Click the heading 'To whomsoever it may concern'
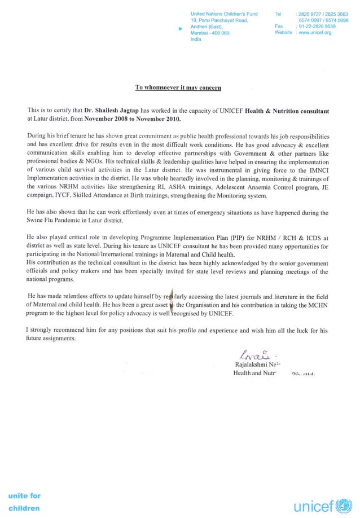pos(178,87)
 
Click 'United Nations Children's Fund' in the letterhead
pos(224,13)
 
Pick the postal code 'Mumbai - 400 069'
pos(210,33)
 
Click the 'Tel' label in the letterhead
pos(278,13)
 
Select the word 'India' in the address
pos(196,39)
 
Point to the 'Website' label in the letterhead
pos(283,33)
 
